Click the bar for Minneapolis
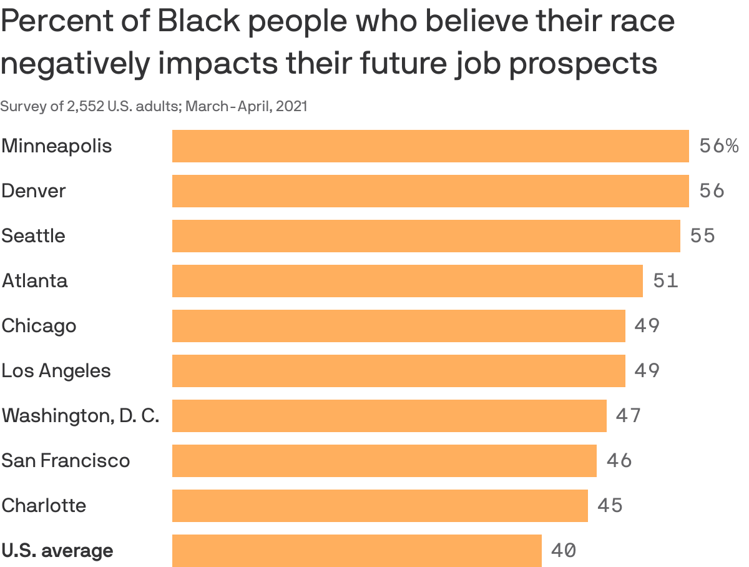[x=430, y=146]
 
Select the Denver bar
[x=430, y=191]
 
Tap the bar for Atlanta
[x=407, y=281]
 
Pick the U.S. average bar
[x=356, y=551]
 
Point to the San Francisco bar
[x=384, y=461]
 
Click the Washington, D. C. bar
[x=389, y=416]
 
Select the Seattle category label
[x=33, y=236]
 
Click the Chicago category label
[x=39, y=326]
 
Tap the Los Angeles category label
[x=56, y=371]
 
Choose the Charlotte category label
[x=44, y=505]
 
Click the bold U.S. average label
[x=57, y=551]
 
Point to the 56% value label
[x=718, y=146]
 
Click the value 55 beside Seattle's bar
[x=702, y=236]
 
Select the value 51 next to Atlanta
[x=665, y=281]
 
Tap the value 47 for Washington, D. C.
[x=628, y=416]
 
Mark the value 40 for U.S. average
[x=563, y=551]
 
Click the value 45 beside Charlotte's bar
[x=610, y=505]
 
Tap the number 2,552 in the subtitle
[x=86, y=107]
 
